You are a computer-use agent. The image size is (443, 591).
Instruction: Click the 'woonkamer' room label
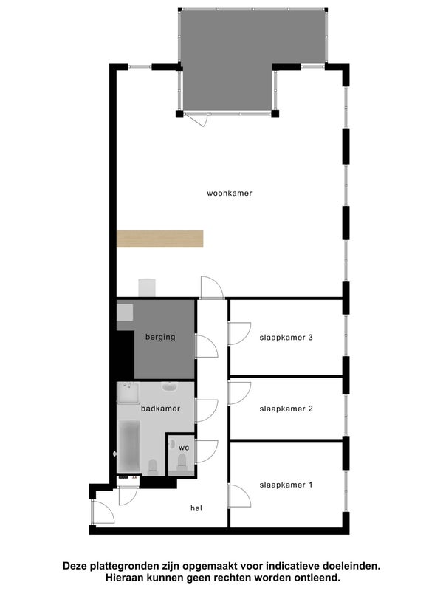click(x=230, y=193)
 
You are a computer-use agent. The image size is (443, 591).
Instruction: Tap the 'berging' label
click(x=160, y=338)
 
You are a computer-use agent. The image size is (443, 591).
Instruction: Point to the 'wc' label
click(x=184, y=448)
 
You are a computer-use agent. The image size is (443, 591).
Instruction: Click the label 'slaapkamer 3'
click(x=286, y=338)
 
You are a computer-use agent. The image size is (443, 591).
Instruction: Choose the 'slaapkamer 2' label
click(x=286, y=409)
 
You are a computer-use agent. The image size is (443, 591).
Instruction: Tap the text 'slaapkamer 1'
click(x=286, y=485)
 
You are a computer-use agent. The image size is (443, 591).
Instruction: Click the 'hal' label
click(x=196, y=508)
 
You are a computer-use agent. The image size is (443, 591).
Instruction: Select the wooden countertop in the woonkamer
click(x=159, y=239)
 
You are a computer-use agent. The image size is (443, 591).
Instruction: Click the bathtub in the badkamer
click(x=129, y=446)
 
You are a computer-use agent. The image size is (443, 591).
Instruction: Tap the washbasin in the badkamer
click(x=169, y=387)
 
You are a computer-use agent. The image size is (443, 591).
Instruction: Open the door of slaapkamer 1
click(x=238, y=496)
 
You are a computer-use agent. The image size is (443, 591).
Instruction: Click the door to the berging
click(x=205, y=346)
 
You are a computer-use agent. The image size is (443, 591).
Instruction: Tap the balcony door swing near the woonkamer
click(x=196, y=119)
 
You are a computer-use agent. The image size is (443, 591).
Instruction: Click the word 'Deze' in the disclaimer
click(x=77, y=566)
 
